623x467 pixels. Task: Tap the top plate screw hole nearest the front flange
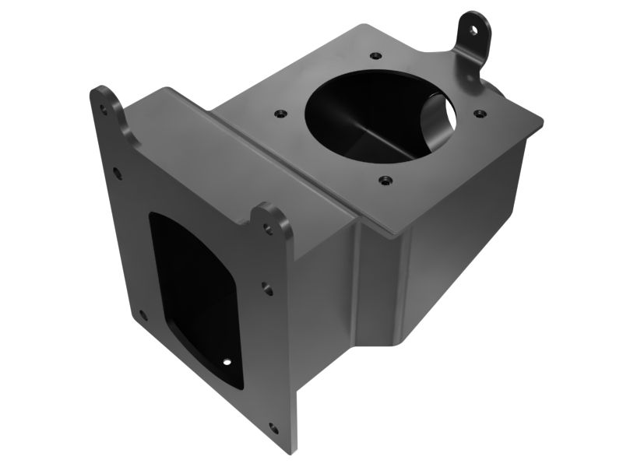click(x=278, y=114)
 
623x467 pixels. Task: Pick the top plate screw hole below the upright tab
click(x=480, y=114)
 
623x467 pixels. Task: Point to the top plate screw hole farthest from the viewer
click(x=377, y=56)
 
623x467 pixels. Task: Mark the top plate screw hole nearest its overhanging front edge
click(x=384, y=181)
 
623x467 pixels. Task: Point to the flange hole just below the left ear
click(x=117, y=173)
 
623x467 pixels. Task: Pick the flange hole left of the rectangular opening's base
click(x=143, y=315)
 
